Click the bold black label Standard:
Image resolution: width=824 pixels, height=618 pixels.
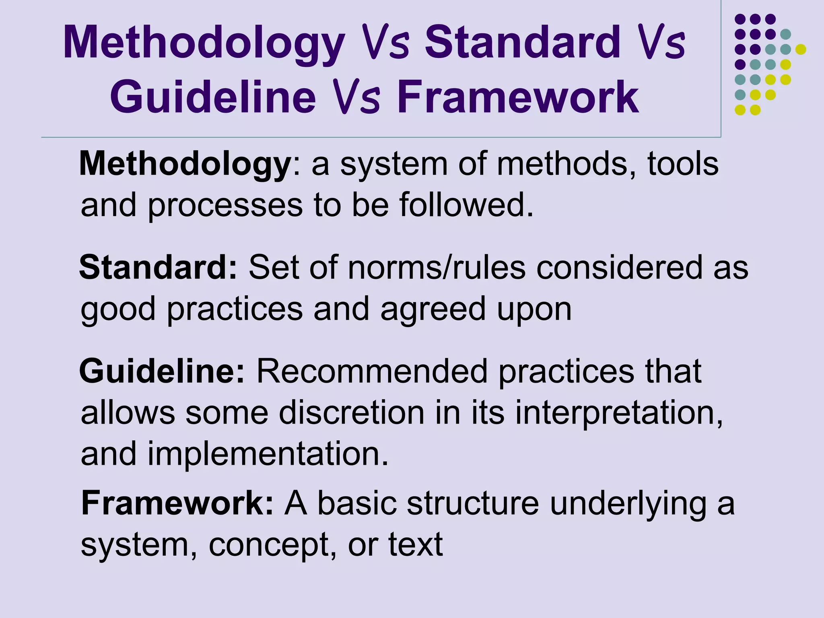(x=159, y=268)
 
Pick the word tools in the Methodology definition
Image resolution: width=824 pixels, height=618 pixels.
(x=682, y=164)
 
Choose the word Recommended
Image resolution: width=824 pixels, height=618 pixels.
(x=372, y=371)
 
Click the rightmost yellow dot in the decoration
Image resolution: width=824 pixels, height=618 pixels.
(x=800, y=49)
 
